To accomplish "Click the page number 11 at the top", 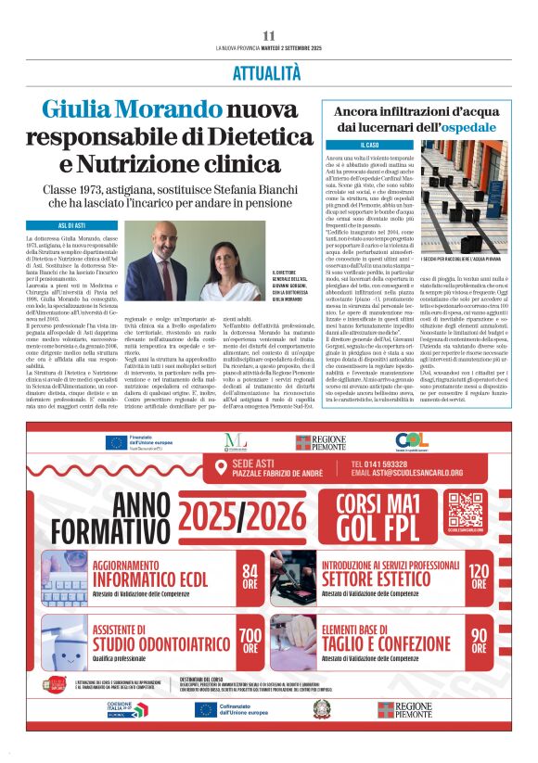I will tap(268, 35).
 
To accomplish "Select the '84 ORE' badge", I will tap(250, 577).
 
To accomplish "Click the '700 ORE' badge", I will tap(250, 634).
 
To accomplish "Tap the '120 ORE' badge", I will tap(479, 577).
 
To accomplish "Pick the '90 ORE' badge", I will tap(479, 634).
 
